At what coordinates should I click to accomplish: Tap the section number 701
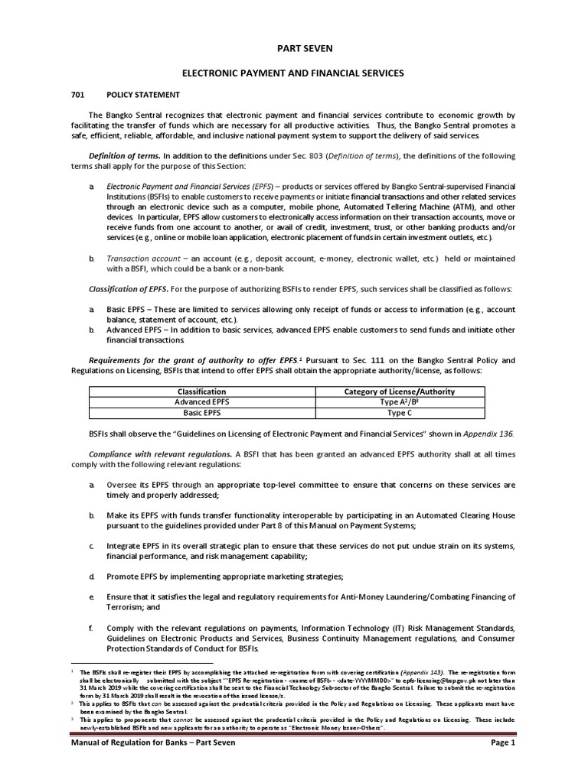pos(78,96)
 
